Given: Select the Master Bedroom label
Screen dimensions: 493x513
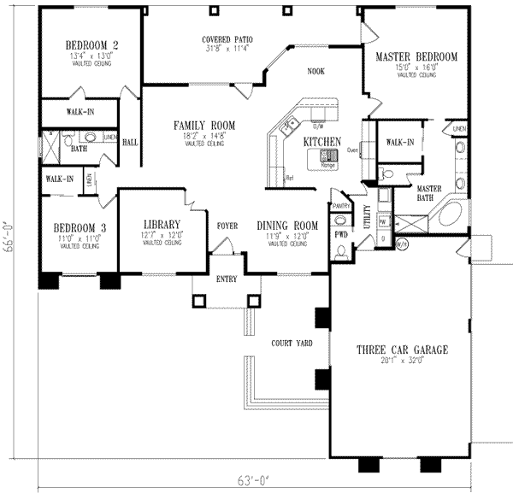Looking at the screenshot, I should point(416,57).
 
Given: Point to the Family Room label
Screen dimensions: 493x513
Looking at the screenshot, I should point(192,126).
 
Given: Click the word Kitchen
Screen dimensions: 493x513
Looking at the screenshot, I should point(323,141).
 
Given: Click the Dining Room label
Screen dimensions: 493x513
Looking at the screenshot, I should point(288,226).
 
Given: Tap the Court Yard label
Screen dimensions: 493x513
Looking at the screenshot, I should point(291,343).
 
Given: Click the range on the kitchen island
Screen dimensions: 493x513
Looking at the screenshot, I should point(328,156).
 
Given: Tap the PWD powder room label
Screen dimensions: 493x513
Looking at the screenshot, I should point(340,232).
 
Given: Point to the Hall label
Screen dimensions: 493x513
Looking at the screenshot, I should point(131,142).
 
